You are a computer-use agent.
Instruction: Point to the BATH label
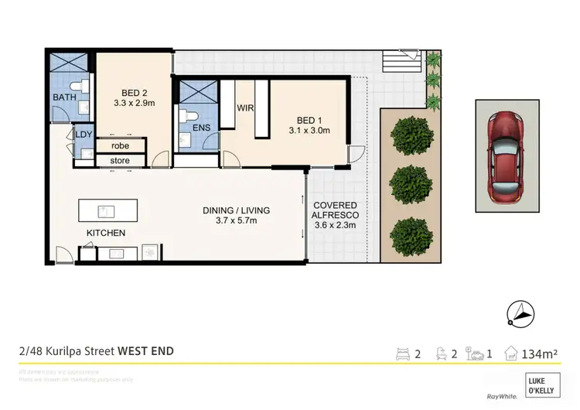tap(63, 97)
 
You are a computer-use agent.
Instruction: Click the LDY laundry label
tap(84, 135)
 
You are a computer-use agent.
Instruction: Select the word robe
tap(119, 145)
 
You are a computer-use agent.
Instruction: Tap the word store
tap(119, 161)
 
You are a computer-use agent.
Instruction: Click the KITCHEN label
tap(106, 233)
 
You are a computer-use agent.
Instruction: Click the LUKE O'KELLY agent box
tap(542, 384)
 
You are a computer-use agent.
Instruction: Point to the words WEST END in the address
tap(145, 350)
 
